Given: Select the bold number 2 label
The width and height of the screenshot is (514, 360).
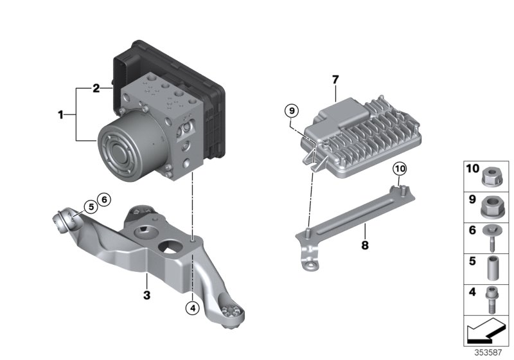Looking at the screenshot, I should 96,88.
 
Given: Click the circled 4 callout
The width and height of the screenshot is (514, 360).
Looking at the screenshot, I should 192,308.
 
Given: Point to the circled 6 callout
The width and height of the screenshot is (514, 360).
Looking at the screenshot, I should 104,199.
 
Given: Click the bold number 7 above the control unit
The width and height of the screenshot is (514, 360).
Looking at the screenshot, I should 335,80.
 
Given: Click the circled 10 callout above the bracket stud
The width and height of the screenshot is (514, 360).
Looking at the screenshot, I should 400,168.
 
